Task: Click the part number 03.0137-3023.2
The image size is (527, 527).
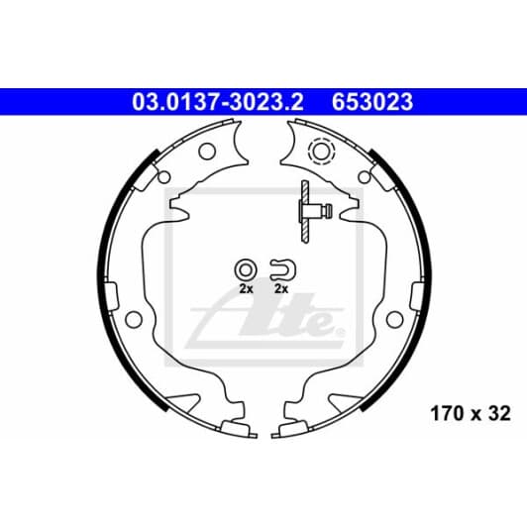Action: (x=218, y=102)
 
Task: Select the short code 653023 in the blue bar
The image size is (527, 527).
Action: (x=372, y=102)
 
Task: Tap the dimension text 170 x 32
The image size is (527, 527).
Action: (x=471, y=413)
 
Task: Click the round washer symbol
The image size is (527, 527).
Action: (x=246, y=269)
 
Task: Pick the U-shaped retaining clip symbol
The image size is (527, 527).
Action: (x=283, y=269)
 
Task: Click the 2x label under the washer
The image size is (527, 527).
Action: (x=246, y=288)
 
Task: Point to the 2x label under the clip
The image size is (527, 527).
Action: (x=281, y=288)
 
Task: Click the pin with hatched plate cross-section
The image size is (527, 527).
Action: (x=313, y=211)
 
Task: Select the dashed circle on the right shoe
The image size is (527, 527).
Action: (x=321, y=152)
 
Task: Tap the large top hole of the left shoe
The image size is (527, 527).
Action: (x=207, y=152)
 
